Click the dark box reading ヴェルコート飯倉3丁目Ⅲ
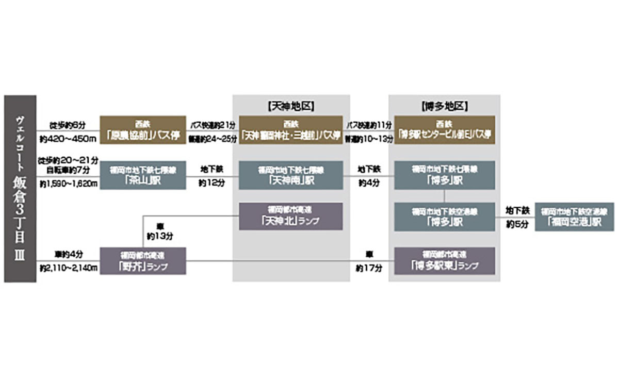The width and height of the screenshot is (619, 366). pyautogui.click(x=20, y=188)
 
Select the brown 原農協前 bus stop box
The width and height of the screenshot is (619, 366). pyautogui.click(x=142, y=130)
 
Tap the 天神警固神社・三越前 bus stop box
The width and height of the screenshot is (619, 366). pyautogui.click(x=291, y=130)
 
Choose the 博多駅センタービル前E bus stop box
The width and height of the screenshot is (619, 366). pyautogui.click(x=444, y=130)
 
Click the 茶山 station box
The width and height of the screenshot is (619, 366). pyautogui.click(x=142, y=175)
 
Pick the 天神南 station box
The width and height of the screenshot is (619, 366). pyautogui.click(x=291, y=175)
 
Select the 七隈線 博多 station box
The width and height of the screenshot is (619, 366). pyautogui.click(x=444, y=175)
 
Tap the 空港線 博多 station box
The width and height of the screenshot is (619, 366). pyautogui.click(x=444, y=217)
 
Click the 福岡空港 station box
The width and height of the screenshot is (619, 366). pyautogui.click(x=574, y=217)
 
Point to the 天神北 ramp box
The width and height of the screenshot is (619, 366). pyautogui.click(x=291, y=216)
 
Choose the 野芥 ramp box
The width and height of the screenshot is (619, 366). pyautogui.click(x=142, y=261)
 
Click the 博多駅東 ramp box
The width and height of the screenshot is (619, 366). pyautogui.click(x=444, y=261)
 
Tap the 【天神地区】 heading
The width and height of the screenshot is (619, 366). pyautogui.click(x=291, y=107)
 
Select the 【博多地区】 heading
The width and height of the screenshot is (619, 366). pyautogui.click(x=444, y=107)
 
